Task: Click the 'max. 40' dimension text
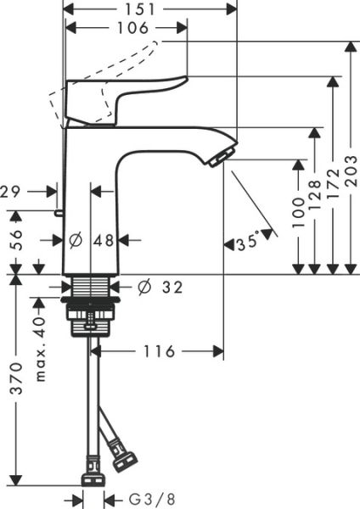[x=39, y=350]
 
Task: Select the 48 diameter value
[x=104, y=241]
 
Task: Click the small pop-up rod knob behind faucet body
[x=58, y=212]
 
